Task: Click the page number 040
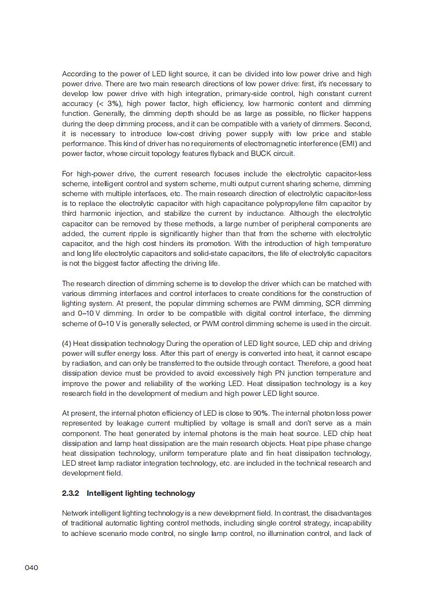(x=31, y=567)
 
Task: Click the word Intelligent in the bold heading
(x=107, y=493)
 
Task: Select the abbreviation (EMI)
(x=347, y=143)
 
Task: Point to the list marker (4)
(x=66, y=343)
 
